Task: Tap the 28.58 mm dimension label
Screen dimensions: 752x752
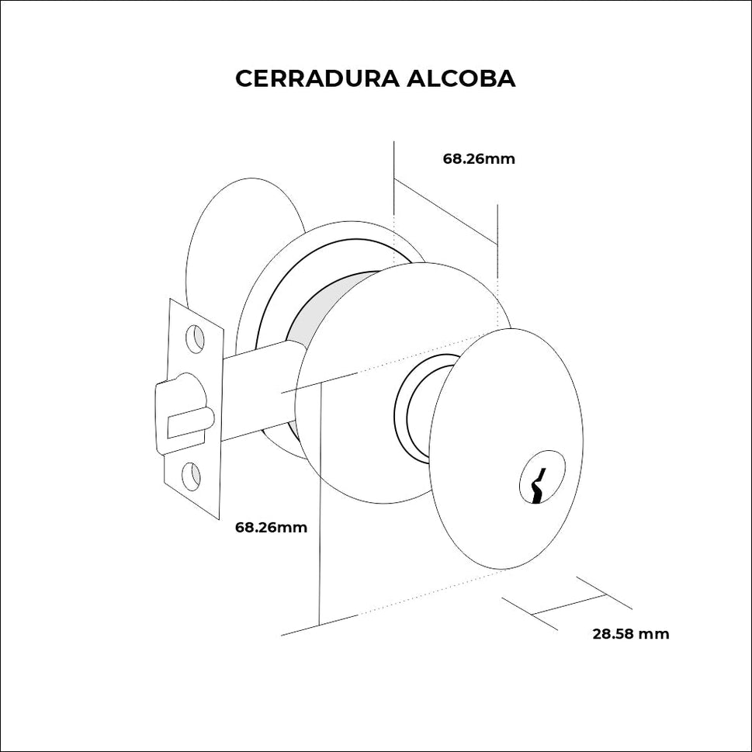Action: click(630, 634)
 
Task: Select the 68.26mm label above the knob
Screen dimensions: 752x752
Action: click(479, 159)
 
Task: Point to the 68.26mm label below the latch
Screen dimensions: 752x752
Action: click(271, 528)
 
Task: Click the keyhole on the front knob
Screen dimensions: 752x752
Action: click(541, 476)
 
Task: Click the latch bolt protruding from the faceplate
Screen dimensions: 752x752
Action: click(186, 424)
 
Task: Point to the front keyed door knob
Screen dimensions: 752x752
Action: click(504, 450)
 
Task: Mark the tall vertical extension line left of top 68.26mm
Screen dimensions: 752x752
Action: click(395, 178)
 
